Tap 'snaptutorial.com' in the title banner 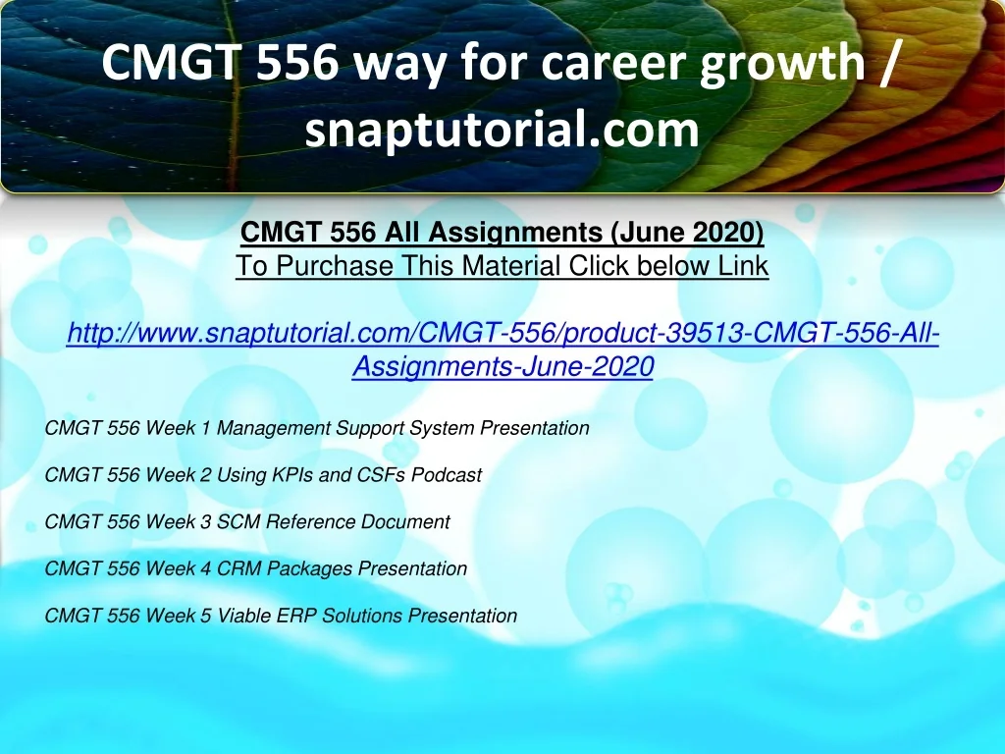[502, 130]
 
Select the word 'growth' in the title [782, 64]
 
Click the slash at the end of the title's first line [886, 63]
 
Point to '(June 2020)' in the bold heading [687, 232]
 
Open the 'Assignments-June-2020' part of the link [502, 366]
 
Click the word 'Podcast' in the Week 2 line [447, 474]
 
